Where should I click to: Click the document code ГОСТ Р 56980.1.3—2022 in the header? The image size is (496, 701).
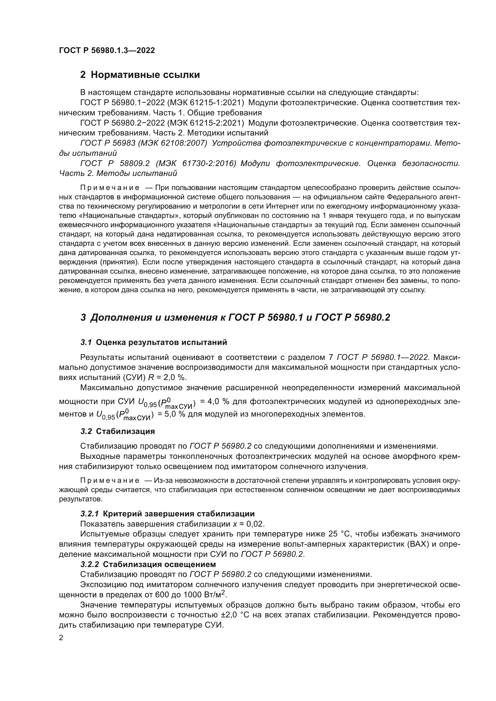point(107,50)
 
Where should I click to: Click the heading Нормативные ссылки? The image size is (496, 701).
point(145,75)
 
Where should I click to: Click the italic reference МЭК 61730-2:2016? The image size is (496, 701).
point(196,163)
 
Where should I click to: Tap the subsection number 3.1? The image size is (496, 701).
point(86,343)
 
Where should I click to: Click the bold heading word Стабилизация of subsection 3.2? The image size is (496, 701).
point(125,431)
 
